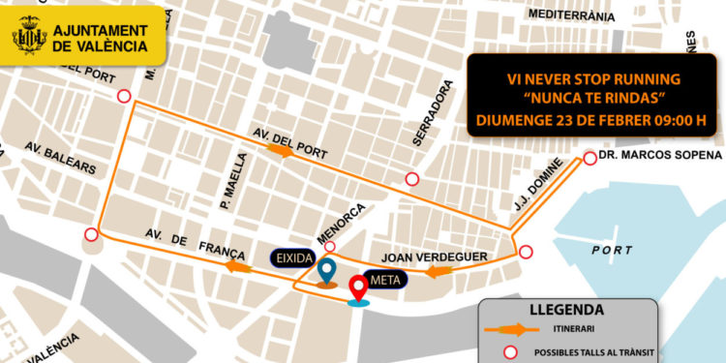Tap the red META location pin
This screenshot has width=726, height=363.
click(x=359, y=288)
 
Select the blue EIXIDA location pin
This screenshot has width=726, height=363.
click(x=327, y=272)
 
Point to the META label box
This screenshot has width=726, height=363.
click(x=391, y=278)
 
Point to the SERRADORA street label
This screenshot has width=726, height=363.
click(x=433, y=120)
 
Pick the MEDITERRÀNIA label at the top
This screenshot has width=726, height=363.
click(x=571, y=15)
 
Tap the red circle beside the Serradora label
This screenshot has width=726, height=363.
click(x=413, y=178)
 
